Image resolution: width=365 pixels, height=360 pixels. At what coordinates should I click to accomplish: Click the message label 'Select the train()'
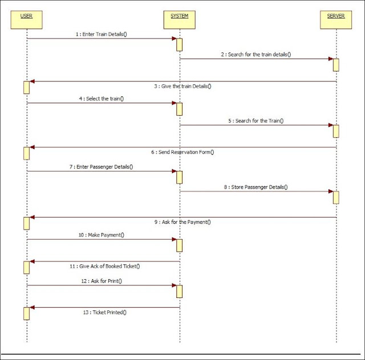click(102, 99)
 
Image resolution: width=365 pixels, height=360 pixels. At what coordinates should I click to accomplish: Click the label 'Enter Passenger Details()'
click(104, 166)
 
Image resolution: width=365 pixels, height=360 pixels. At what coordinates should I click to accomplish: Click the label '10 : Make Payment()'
click(102, 235)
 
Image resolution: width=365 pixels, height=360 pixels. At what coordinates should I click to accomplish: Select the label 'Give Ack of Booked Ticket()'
click(106, 266)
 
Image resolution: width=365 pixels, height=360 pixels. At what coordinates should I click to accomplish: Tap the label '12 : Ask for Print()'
click(101, 280)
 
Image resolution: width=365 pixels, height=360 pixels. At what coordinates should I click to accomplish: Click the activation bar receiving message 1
click(179, 44)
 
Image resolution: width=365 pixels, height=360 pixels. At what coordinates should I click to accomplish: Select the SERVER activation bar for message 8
click(336, 197)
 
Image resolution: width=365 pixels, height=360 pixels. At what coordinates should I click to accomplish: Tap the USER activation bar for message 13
click(26, 313)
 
